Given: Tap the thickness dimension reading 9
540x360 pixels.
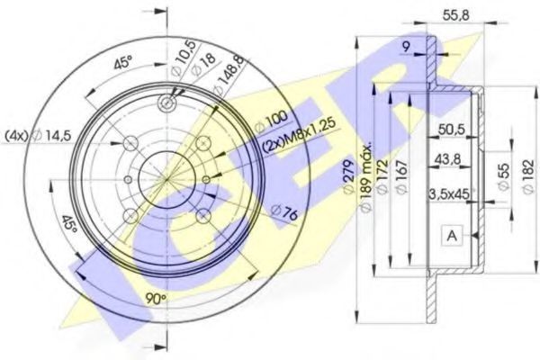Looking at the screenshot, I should pos(407,46).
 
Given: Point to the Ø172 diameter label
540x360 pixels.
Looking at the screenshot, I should pos(382,181).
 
